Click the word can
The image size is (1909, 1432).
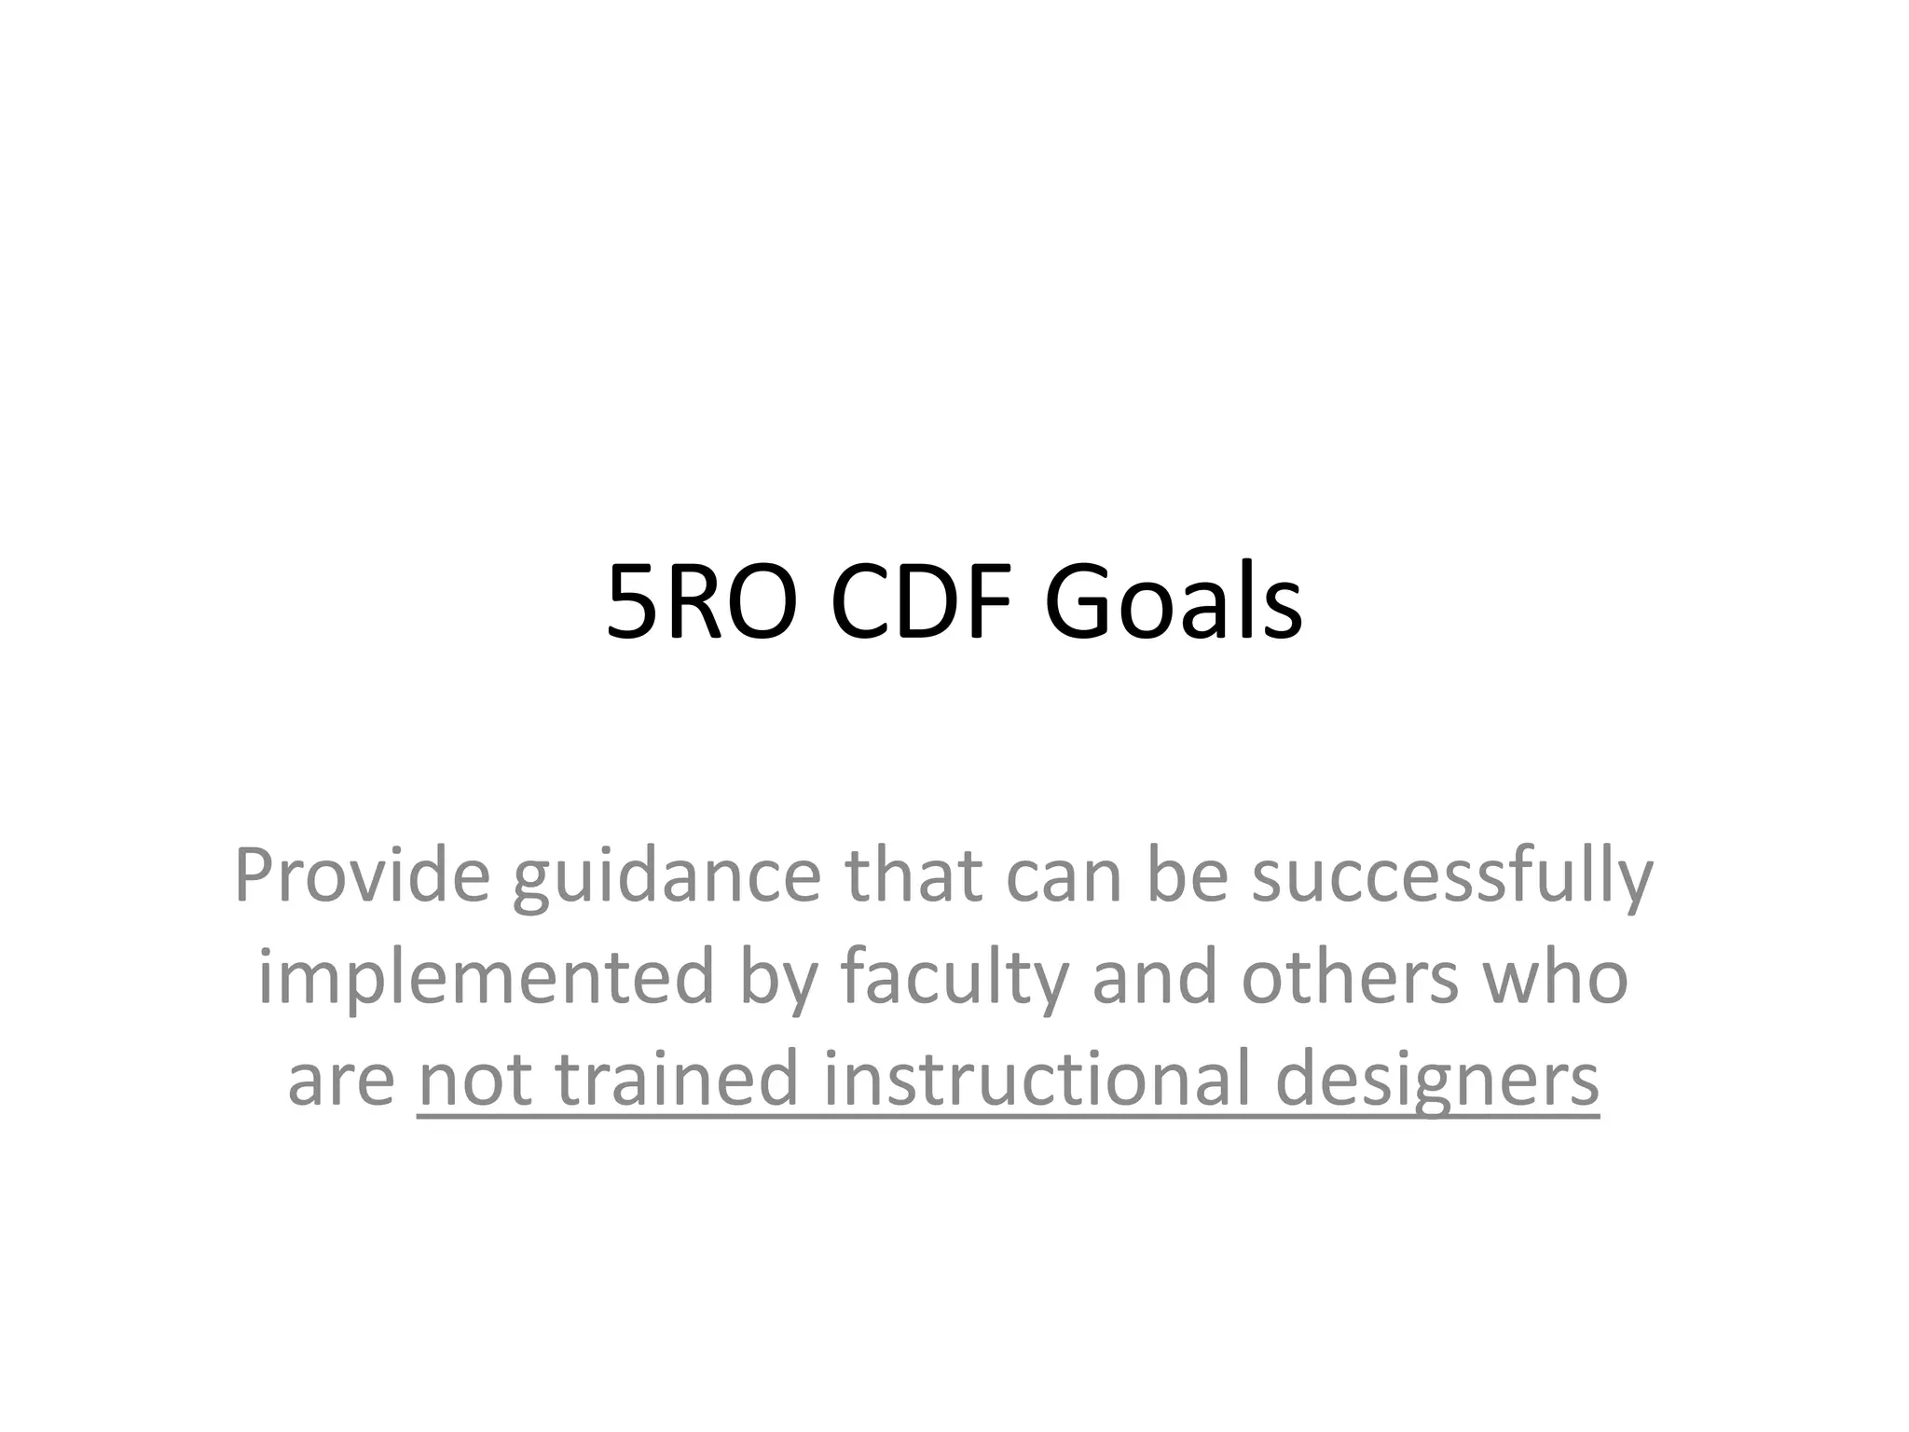click(1064, 877)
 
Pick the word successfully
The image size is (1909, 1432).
click(1451, 877)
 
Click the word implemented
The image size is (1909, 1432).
click(486, 978)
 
